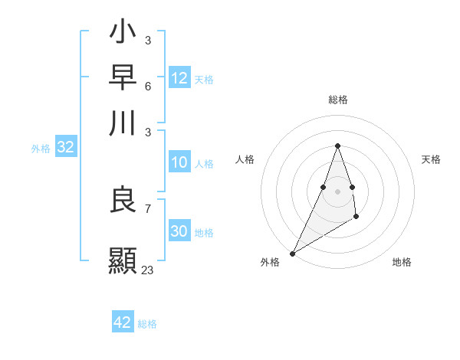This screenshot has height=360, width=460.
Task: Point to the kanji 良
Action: tap(123, 200)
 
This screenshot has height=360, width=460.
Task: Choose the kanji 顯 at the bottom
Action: tap(123, 259)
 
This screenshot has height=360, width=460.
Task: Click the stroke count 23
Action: tap(147, 270)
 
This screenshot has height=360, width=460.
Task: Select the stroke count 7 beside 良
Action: tap(147, 208)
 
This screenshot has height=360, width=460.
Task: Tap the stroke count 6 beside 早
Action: tap(147, 85)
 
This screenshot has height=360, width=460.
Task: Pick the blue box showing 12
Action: tap(179, 78)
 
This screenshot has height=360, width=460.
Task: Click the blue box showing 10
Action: tap(179, 162)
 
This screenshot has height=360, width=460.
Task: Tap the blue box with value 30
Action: tap(179, 231)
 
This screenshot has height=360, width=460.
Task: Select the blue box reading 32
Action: tap(65, 148)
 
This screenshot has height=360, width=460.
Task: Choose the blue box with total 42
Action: tap(123, 322)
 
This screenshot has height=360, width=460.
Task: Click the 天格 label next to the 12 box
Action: tap(204, 80)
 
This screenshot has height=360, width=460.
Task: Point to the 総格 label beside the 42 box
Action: tap(147, 324)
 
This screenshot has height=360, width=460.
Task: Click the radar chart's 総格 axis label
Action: tap(337, 100)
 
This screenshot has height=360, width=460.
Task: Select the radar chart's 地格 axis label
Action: tap(402, 262)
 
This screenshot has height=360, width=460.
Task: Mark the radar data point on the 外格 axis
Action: tap(292, 253)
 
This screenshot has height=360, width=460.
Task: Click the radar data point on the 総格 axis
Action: tap(337, 146)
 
